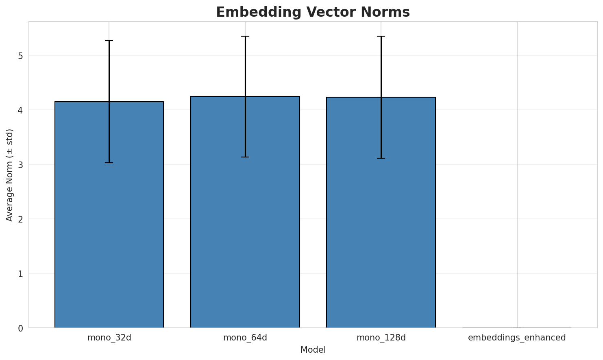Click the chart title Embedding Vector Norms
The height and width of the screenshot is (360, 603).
coord(313,12)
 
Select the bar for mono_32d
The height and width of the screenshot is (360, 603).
coord(109,244)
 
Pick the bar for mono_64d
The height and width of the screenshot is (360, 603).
coord(245,244)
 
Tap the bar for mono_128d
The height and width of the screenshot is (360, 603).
coord(381,244)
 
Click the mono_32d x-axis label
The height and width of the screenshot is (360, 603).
coord(109,338)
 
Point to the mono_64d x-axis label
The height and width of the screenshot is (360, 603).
coord(245,338)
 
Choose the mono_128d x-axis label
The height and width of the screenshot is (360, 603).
coord(381,338)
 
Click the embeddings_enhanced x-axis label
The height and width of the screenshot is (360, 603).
coord(517,338)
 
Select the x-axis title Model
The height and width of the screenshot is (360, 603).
coord(313,350)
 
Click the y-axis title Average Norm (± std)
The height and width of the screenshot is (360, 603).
coord(10,175)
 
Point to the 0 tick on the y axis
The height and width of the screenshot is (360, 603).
coord(20,328)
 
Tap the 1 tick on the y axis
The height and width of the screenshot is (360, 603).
coord(20,273)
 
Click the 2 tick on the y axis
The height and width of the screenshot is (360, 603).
coord(20,219)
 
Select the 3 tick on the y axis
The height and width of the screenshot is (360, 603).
coord(20,164)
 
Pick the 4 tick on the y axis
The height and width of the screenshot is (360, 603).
coord(20,110)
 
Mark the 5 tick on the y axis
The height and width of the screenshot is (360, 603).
coord(20,55)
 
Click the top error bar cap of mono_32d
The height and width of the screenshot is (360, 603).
coord(109,41)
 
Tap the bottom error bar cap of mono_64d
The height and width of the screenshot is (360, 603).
coord(245,157)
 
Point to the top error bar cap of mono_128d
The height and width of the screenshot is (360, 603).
coord(381,36)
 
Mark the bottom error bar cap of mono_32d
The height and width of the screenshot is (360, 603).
coord(109,163)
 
